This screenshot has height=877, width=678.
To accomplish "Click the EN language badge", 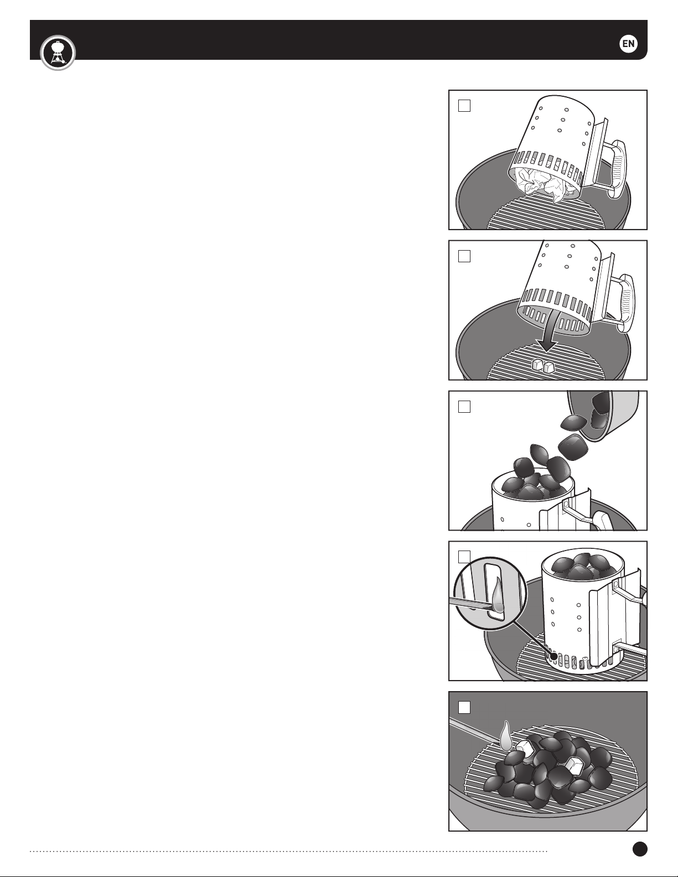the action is click(628, 44).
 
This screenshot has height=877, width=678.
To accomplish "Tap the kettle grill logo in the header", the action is click(58, 53).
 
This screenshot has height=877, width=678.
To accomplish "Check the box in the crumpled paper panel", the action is click(464, 106).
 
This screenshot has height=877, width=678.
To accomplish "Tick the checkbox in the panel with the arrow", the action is click(464, 256).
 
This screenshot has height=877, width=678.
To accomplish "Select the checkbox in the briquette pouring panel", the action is click(464, 407).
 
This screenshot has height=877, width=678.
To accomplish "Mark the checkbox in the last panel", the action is click(464, 708).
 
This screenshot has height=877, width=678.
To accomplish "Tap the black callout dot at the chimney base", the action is click(555, 657).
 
